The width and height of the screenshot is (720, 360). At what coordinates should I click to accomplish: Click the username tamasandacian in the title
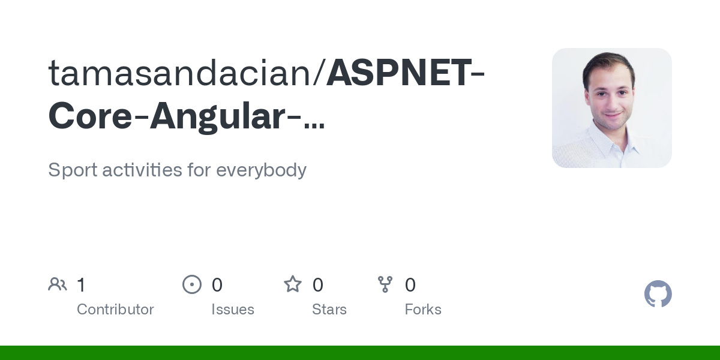point(186,73)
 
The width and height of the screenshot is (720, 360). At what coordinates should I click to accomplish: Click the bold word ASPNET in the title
point(398,73)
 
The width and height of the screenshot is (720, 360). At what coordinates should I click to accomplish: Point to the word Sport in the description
point(72,170)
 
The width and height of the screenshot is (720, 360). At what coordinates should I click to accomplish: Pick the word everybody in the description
point(261,170)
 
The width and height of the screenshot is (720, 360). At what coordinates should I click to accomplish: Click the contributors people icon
point(58,284)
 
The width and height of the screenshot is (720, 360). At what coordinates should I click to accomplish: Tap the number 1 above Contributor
point(81,285)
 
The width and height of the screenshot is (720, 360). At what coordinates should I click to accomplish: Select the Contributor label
point(115,310)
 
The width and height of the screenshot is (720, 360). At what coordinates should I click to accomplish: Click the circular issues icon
point(192,284)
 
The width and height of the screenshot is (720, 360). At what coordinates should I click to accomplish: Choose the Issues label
point(233,310)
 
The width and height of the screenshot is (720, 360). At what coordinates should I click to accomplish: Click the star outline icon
point(293,284)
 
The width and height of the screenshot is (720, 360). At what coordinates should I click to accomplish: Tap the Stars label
point(329,310)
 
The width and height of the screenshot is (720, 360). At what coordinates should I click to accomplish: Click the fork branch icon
point(385,284)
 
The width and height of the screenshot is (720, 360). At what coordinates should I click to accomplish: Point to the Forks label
point(423,310)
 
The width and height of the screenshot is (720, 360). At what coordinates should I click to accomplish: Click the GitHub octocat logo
point(658,294)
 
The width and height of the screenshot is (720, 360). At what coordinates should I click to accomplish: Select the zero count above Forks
point(410,285)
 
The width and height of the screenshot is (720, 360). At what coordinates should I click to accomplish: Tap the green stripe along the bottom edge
point(360,353)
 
